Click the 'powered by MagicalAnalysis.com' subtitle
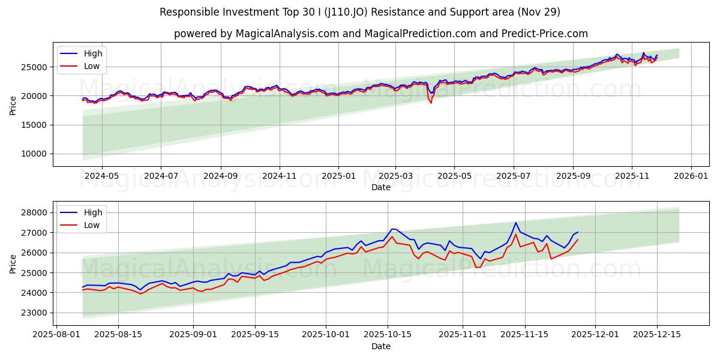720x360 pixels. [380, 34]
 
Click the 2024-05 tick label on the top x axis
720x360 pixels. [101, 176]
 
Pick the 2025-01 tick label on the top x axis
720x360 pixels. [338, 176]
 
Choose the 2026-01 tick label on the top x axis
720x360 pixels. [691, 176]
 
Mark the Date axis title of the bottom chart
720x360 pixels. [380, 346]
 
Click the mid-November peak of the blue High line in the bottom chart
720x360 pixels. [515, 223]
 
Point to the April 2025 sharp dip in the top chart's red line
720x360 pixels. [431, 103]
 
